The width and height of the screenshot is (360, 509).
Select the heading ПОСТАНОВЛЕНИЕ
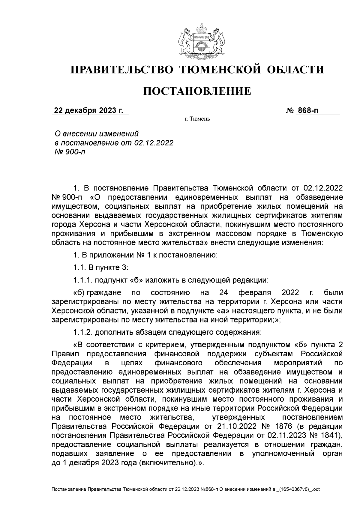point(197,91)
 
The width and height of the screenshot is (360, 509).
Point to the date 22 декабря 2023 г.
point(88,111)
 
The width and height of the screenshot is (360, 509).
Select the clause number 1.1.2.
point(82,332)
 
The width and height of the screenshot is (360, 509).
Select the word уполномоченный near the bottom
point(283,454)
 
